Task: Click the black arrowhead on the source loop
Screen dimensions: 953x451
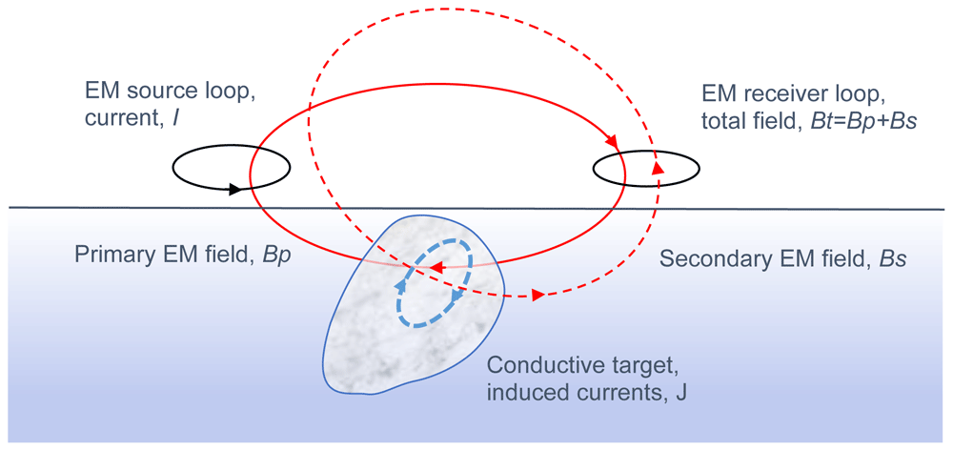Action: (235, 189)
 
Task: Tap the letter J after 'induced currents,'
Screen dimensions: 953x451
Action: (680, 392)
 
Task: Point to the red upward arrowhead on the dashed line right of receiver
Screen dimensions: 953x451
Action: (658, 169)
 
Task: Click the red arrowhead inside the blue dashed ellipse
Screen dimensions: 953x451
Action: (436, 268)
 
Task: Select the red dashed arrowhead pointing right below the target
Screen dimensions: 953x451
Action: (537, 296)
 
